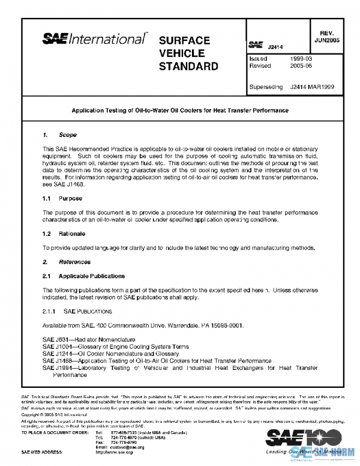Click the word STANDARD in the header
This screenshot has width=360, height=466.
(x=188, y=65)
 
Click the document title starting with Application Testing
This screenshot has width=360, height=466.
(x=180, y=110)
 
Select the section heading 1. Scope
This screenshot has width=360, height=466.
(x=59, y=135)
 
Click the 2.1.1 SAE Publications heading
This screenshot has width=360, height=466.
(x=77, y=312)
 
